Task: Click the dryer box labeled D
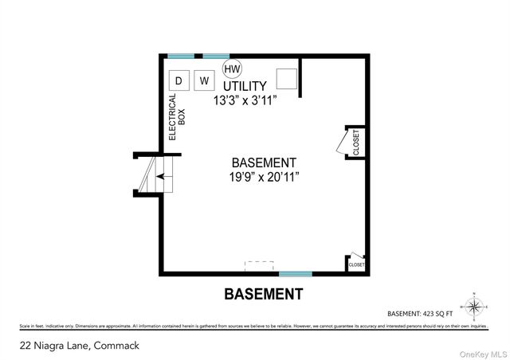[x=179, y=80]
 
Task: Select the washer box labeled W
[x=205, y=80]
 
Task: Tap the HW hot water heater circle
[x=231, y=68]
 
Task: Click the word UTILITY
[x=244, y=86]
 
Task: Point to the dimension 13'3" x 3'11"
[x=248, y=101]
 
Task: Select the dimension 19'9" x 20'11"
[x=263, y=177]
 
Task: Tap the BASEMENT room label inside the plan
[x=263, y=162]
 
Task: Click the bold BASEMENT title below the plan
[x=263, y=294]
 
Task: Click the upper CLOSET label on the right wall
[x=356, y=142]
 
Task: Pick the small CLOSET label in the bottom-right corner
[x=356, y=264]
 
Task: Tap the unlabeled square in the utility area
[x=286, y=78]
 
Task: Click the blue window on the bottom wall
[x=295, y=273]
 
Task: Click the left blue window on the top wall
[x=181, y=56]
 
